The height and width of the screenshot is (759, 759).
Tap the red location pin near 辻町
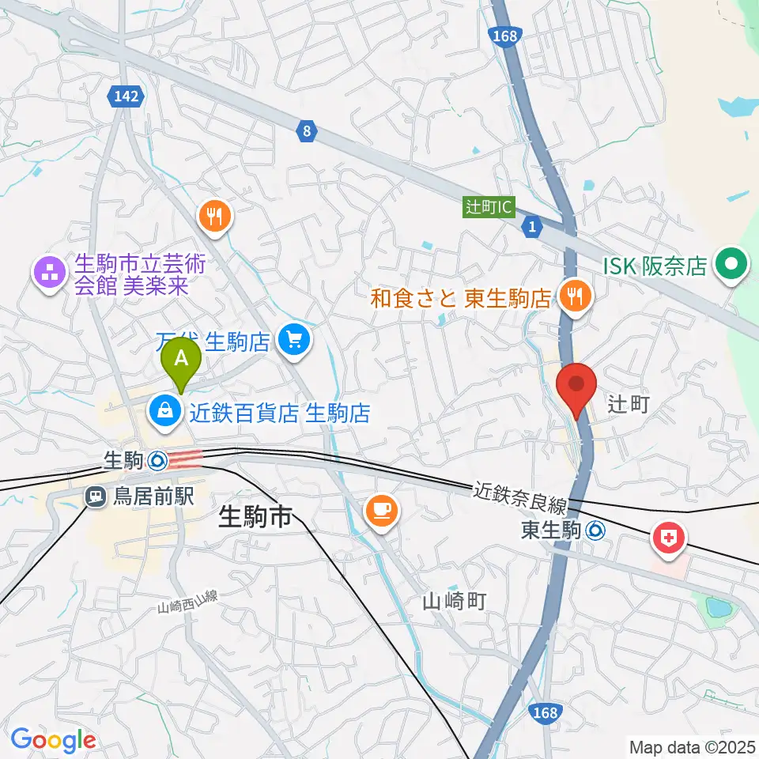point(576,387)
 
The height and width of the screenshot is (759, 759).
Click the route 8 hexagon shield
point(306,131)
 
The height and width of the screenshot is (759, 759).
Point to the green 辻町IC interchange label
point(489,207)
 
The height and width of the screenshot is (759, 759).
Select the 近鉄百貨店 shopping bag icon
point(165,411)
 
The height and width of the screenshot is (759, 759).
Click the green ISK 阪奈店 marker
point(732,266)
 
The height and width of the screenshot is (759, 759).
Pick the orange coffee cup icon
point(381,510)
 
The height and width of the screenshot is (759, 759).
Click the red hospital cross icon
point(669,540)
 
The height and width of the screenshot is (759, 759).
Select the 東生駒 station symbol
point(599,531)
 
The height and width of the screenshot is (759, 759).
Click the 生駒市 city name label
point(255,519)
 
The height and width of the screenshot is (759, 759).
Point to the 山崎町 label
point(453,602)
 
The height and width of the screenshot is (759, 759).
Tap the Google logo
point(52,740)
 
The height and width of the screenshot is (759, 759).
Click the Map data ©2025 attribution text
point(691,746)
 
